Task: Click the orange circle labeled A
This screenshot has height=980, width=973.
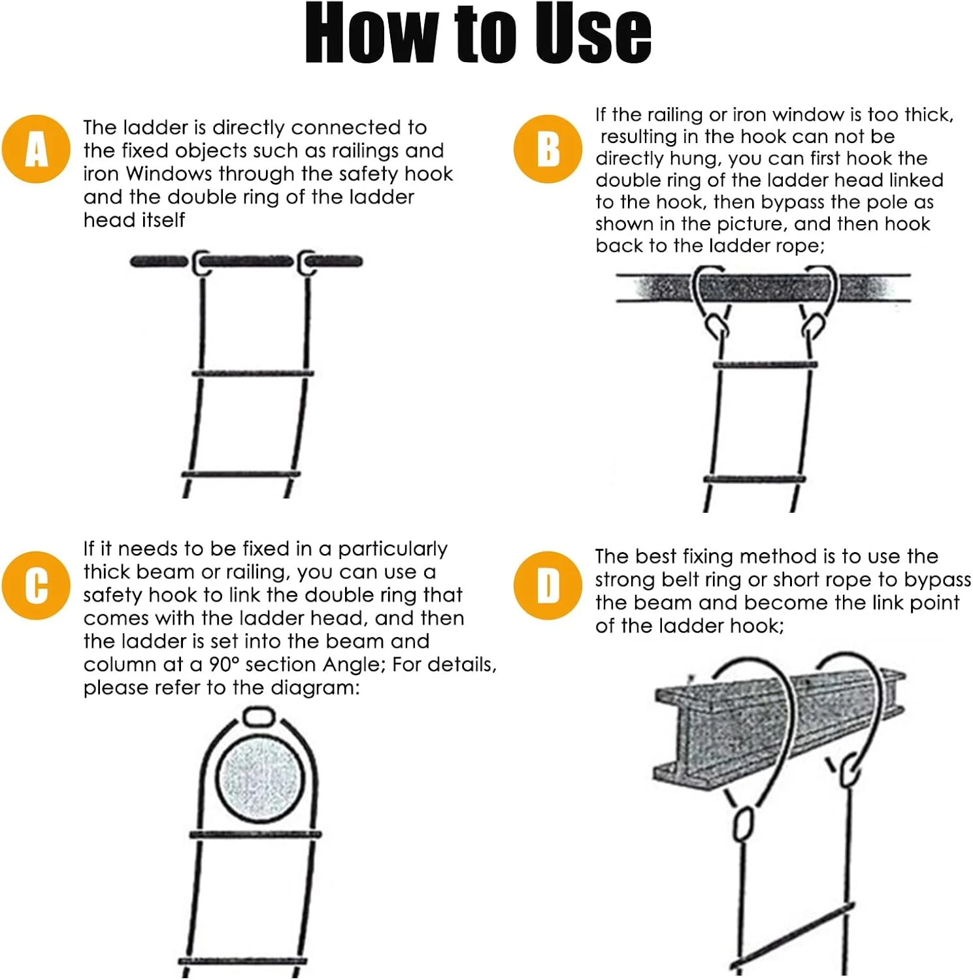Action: [x=36, y=149]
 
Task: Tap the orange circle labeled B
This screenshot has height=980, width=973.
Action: [x=548, y=149]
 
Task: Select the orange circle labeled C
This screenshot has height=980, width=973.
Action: [x=36, y=585]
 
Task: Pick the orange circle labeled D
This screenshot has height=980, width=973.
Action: [x=548, y=585]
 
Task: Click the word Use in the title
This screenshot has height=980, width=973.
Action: [x=593, y=34]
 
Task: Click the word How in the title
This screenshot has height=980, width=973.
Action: [x=371, y=34]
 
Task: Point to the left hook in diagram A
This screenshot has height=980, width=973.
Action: [x=201, y=263]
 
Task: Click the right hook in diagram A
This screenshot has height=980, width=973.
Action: [x=307, y=263]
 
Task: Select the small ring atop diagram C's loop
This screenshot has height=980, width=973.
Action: [x=261, y=716]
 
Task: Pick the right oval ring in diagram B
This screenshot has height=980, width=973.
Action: [x=814, y=325]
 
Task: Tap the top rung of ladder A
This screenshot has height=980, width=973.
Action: [x=254, y=374]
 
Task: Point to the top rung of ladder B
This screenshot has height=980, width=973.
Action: [x=765, y=365]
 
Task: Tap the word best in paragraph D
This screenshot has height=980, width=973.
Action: [x=655, y=556]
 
